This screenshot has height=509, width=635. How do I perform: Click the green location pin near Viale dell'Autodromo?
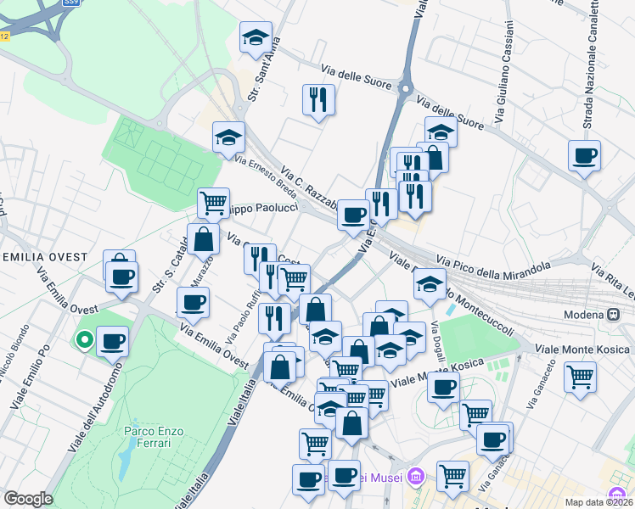[85, 340]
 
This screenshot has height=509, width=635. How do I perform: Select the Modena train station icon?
[612, 314]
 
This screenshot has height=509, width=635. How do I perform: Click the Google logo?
[28, 499]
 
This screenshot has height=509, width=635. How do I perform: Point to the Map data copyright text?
[598, 502]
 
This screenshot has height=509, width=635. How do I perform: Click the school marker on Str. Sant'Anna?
[255, 38]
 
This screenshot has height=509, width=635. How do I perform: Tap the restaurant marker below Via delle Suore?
[318, 100]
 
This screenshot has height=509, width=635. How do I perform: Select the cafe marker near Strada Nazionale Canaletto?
[584, 156]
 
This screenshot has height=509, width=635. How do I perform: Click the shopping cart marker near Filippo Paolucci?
[213, 204]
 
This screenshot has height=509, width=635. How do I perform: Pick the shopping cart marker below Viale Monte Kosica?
[580, 378]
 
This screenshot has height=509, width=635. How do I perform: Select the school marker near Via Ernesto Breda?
[228, 138]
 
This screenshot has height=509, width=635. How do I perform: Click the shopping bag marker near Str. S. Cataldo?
[204, 239]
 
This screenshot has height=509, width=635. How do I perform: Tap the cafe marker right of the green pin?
[112, 342]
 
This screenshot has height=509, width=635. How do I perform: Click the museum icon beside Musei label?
[414, 477]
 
